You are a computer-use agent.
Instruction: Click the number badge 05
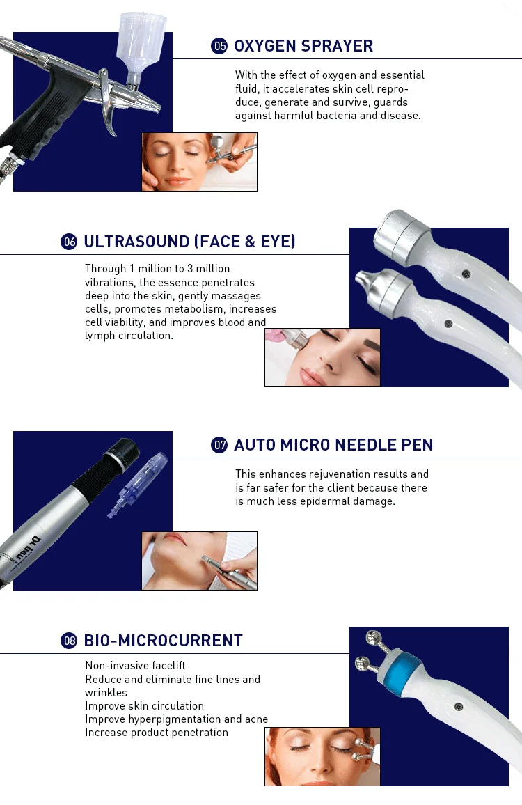pyautogui.click(x=219, y=46)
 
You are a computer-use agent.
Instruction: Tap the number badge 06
pyautogui.click(x=69, y=242)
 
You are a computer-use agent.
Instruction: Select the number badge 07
pyautogui.click(x=219, y=444)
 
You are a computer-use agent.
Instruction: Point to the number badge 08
pyautogui.click(x=69, y=640)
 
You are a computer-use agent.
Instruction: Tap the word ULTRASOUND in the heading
pyautogui.click(x=136, y=242)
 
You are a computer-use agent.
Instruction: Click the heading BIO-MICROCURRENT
pyautogui.click(x=164, y=640)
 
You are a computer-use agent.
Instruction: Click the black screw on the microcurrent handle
pyautogui.click(x=459, y=706)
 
